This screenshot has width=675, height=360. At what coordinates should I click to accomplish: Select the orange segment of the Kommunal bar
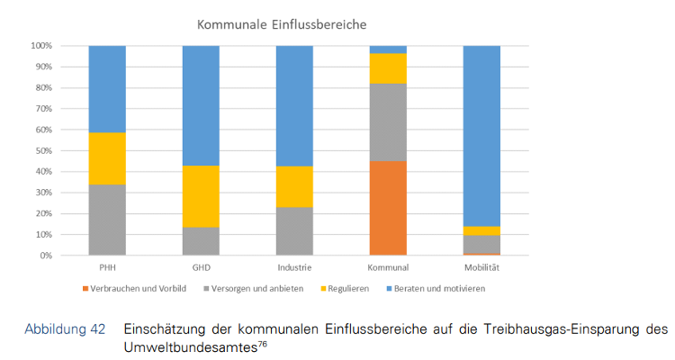(388, 208)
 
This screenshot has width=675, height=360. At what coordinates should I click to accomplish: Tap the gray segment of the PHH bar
(107, 220)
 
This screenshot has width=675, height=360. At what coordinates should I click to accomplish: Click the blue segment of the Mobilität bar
(481, 135)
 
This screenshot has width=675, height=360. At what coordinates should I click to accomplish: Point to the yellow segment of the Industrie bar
(294, 186)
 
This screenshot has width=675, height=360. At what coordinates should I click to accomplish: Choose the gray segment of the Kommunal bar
(388, 122)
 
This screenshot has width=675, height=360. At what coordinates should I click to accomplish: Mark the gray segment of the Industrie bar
(294, 231)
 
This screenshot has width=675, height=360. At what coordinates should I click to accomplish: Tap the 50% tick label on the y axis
(42, 150)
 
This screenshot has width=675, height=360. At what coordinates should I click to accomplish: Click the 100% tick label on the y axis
(40, 45)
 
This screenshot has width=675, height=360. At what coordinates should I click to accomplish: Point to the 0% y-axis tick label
(45, 256)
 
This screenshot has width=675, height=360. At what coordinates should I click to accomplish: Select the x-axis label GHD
(201, 267)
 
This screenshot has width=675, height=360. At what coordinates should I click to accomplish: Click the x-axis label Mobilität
(481, 267)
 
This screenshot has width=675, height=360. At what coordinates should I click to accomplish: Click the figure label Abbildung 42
(64, 328)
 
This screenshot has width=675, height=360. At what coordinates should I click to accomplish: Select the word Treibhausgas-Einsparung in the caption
(536, 328)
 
